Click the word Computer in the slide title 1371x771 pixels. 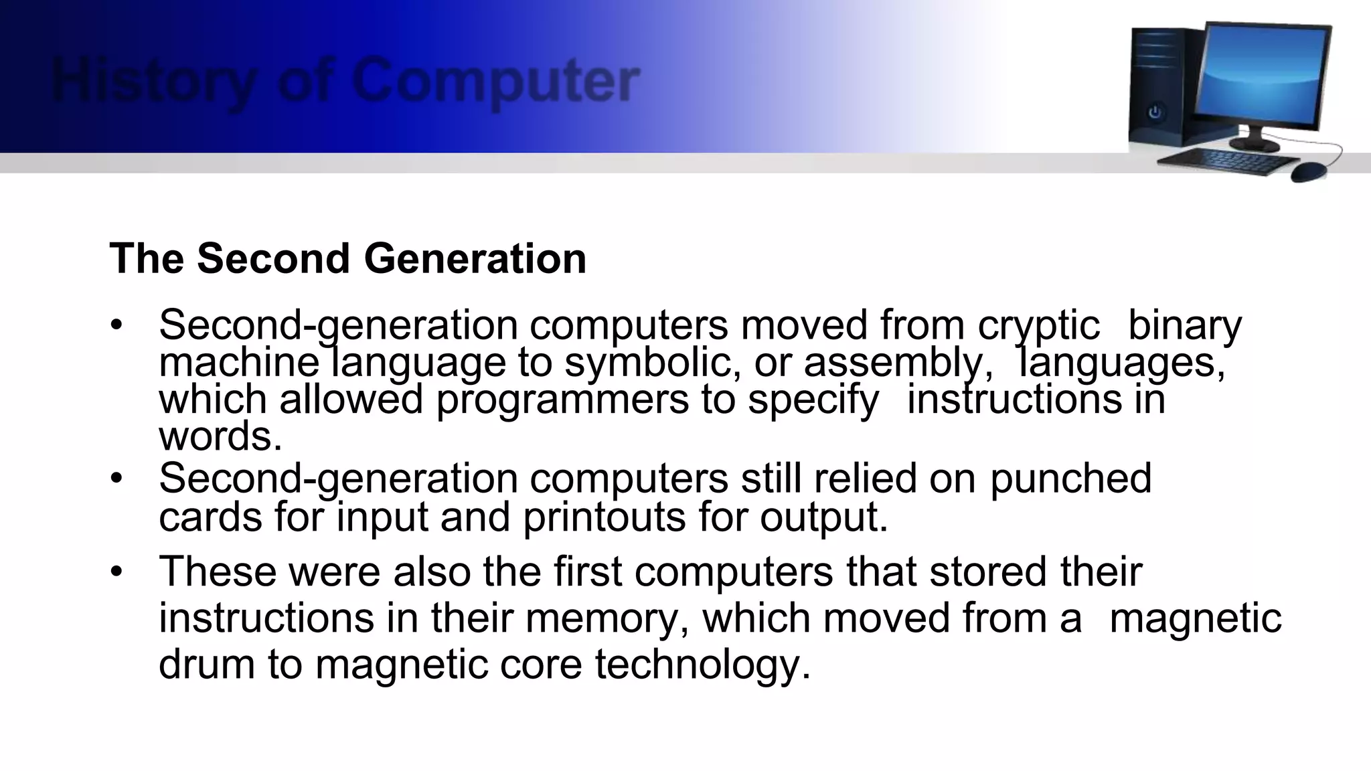pyautogui.click(x=495, y=82)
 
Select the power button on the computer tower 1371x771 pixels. pyautogui.click(x=1155, y=112)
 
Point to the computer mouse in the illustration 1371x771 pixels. pyautogui.click(x=1309, y=171)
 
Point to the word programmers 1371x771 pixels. pyautogui.click(x=562, y=400)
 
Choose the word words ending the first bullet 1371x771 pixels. pyautogui.click(x=220, y=436)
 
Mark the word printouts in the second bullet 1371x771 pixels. pyautogui.click(x=604, y=517)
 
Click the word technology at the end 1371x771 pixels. pyautogui.click(x=702, y=664)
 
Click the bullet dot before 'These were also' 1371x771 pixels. pyautogui.click(x=118, y=572)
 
